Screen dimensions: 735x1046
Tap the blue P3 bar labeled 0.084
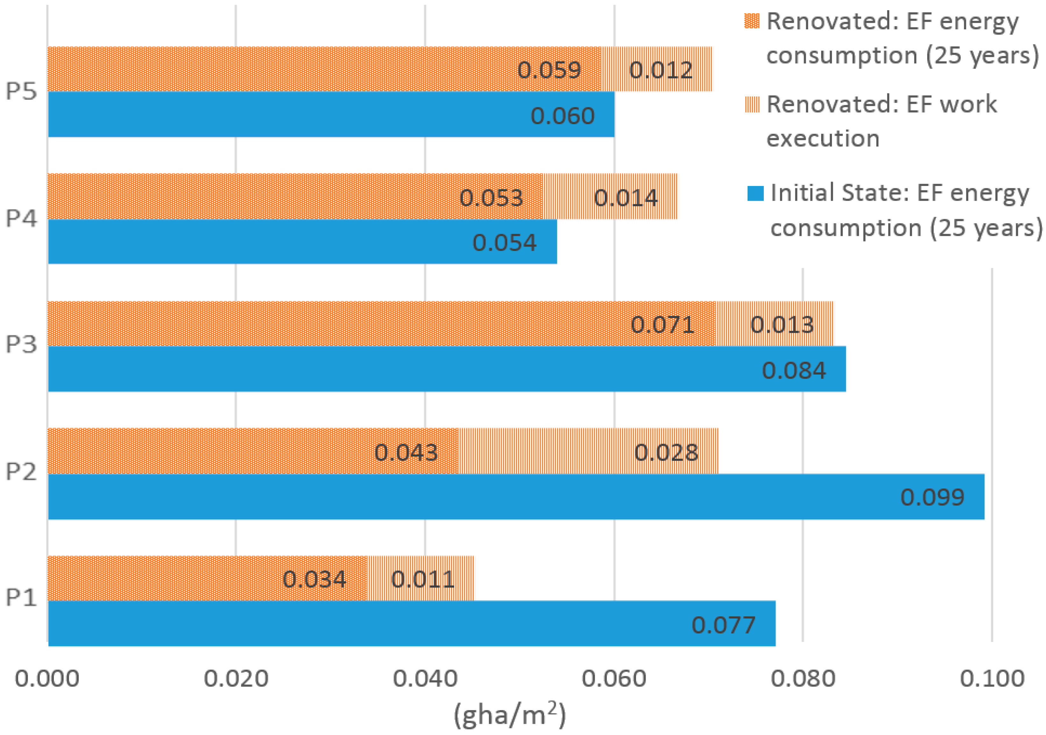(447, 369)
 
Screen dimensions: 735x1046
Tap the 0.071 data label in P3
(662, 325)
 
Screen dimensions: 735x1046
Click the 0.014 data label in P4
(626, 198)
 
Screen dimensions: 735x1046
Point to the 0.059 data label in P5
(549, 70)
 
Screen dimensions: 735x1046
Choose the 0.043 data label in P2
(405, 452)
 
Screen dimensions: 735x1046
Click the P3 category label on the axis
(21, 344)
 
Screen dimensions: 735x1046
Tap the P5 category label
(21, 91)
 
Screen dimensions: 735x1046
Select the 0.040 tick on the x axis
(425, 679)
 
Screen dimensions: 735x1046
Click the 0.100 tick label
(992, 679)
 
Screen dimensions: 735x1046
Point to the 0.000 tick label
(47, 679)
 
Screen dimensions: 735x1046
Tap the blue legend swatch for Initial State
(755, 193)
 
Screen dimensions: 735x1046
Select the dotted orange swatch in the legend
(752, 21)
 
